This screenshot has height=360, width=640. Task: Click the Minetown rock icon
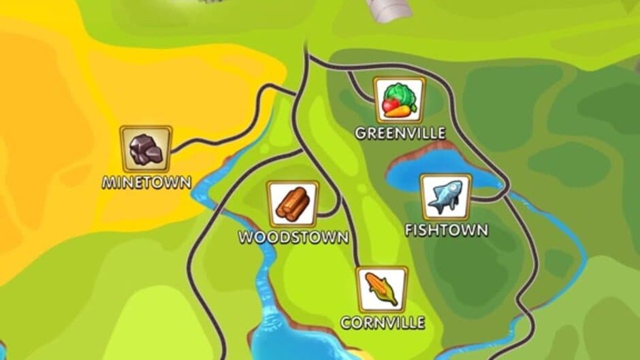click(146, 148)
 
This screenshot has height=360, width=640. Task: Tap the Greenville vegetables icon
click(399, 100)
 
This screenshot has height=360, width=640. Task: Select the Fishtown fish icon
click(445, 197)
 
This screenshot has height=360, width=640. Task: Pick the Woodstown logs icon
click(293, 203)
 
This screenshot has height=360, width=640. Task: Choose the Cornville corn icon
click(382, 290)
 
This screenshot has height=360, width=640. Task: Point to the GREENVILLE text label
click(400, 133)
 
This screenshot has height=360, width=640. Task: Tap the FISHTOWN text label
click(447, 230)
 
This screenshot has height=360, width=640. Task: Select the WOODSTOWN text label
click(293, 238)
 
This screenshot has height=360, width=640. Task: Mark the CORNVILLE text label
click(383, 322)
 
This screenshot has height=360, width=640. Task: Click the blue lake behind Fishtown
click(415, 171)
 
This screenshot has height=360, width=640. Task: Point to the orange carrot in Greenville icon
click(402, 110)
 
